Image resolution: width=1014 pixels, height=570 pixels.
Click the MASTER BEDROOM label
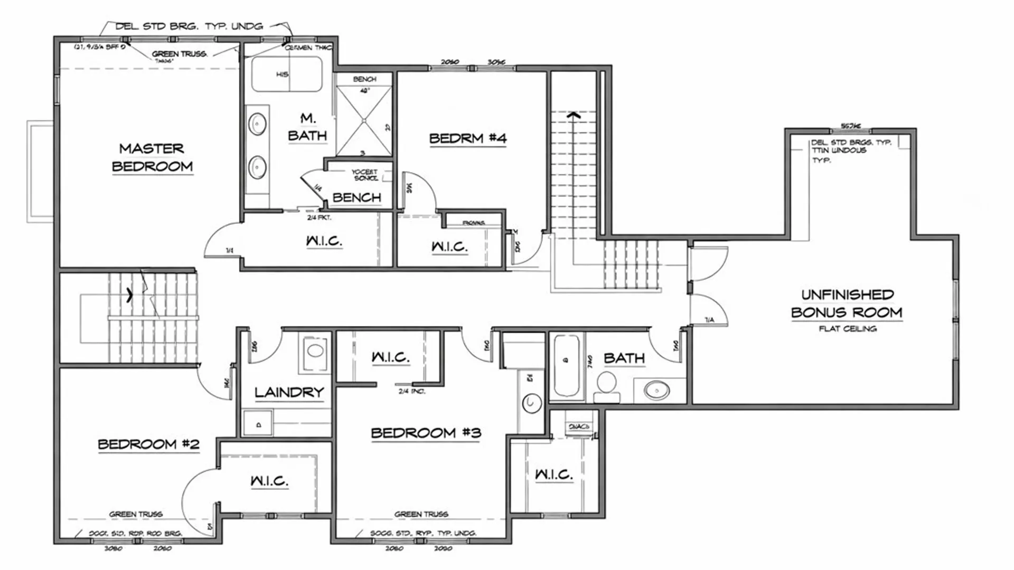pyautogui.click(x=152, y=157)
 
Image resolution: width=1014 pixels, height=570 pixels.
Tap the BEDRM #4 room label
pyautogui.click(x=467, y=139)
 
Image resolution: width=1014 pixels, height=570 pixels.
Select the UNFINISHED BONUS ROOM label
pyautogui.click(x=847, y=303)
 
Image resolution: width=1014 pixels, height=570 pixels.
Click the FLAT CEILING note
pyautogui.click(x=848, y=329)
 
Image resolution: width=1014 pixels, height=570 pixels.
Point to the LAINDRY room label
pyautogui.click(x=289, y=392)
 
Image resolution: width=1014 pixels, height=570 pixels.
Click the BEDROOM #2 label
pyautogui.click(x=149, y=444)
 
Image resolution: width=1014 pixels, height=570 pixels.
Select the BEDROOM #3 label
pyautogui.click(x=426, y=433)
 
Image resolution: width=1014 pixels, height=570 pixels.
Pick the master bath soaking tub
pyautogui.click(x=286, y=74)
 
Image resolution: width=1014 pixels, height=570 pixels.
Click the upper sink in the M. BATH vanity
pyautogui.click(x=257, y=125)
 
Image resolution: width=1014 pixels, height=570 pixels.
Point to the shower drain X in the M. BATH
pyautogui.click(x=364, y=121)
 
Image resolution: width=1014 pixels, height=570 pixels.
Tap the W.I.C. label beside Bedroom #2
pyautogui.click(x=269, y=481)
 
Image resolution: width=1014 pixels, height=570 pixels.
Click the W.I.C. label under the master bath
pyautogui.click(x=324, y=241)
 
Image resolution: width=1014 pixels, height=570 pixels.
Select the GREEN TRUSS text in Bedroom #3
pyautogui.click(x=421, y=514)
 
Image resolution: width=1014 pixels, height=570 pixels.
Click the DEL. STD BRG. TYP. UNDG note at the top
pyautogui.click(x=189, y=26)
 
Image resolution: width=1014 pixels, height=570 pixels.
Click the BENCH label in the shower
pyautogui.click(x=364, y=79)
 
